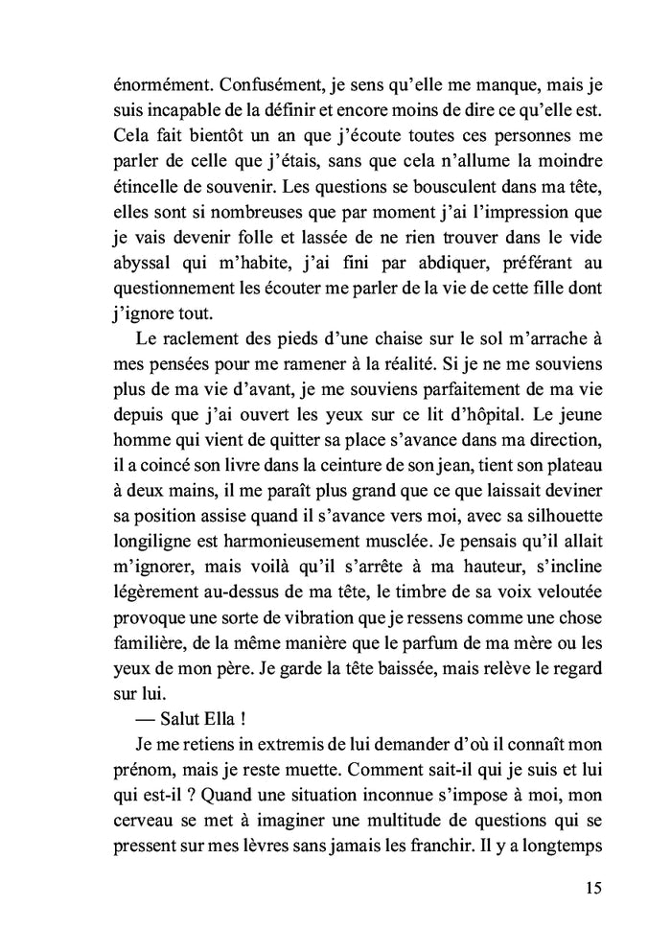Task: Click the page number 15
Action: tap(591, 888)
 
